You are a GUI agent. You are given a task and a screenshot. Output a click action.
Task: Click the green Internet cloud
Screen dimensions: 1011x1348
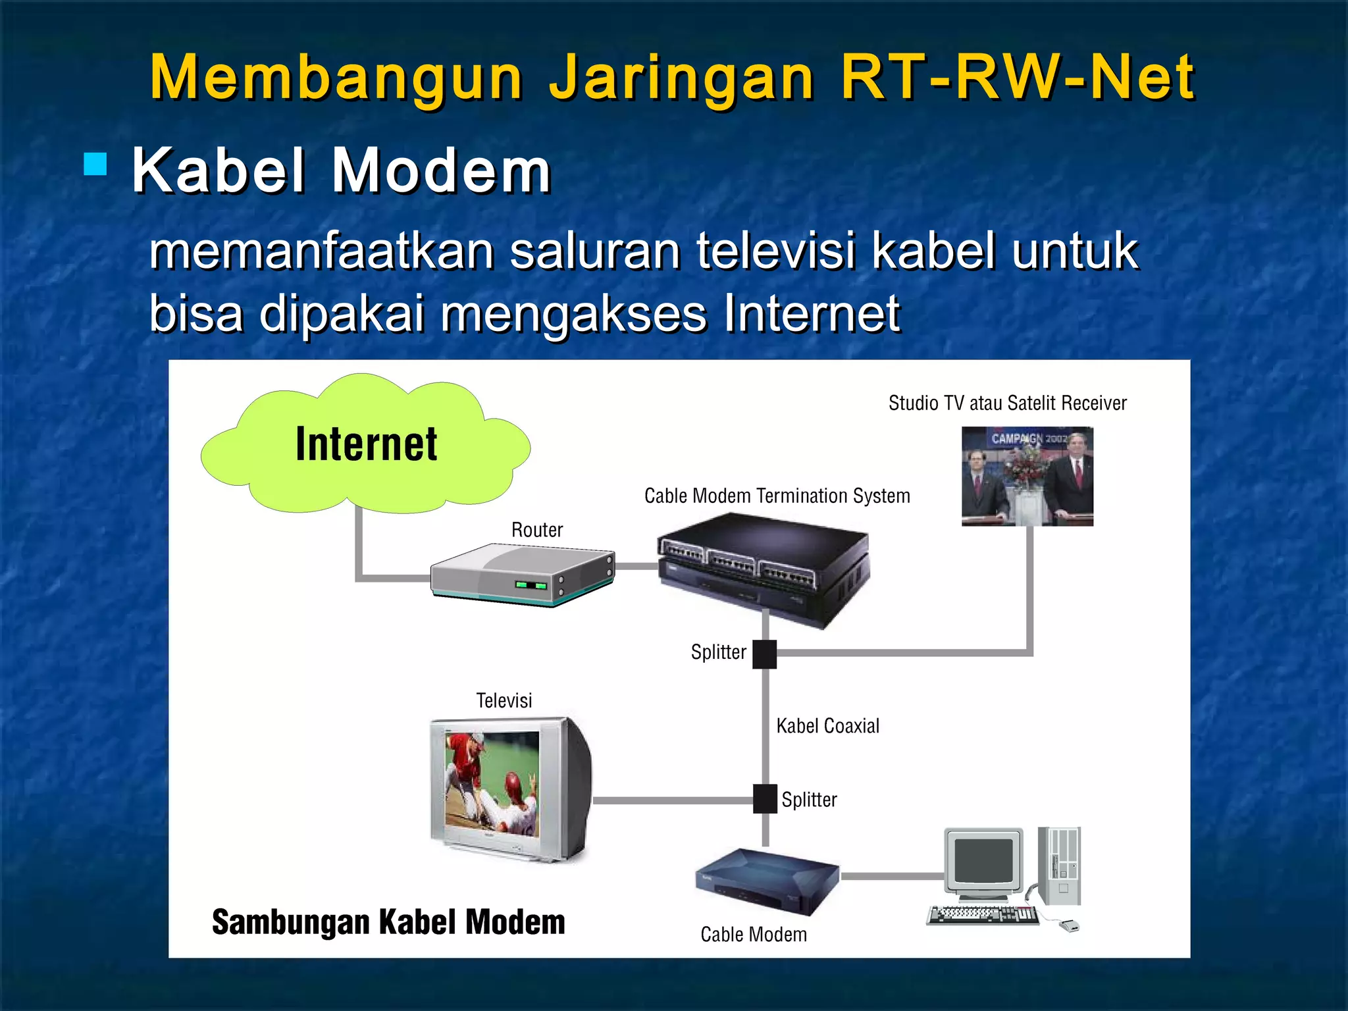pos(366,445)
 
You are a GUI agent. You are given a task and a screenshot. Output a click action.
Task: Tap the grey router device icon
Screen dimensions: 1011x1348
pos(523,575)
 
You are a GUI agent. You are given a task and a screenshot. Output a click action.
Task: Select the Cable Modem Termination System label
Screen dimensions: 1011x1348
pos(777,496)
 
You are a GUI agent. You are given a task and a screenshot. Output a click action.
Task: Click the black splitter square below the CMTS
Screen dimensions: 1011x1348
pos(764,654)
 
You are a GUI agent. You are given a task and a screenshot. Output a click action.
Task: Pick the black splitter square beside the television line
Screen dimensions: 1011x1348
pos(765,799)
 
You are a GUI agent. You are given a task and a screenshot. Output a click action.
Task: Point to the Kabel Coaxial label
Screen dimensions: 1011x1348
pos(827,726)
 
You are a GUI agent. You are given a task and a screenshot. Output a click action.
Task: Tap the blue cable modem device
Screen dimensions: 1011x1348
pos(767,881)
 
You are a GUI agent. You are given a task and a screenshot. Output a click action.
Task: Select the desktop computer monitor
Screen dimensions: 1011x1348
pos(983,863)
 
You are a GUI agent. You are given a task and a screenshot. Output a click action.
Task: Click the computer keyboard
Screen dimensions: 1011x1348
pos(982,915)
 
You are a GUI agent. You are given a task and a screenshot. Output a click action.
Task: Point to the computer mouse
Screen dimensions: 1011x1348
pos(1069,926)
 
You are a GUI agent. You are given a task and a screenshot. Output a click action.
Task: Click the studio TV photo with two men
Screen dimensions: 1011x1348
pos(1027,476)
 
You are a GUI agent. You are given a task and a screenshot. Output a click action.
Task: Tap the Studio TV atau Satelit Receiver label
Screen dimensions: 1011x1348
pos(1007,403)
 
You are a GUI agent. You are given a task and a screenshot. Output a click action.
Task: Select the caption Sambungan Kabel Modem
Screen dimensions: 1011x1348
pos(388,921)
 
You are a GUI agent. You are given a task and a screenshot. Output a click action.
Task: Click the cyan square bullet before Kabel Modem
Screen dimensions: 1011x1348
pos(96,165)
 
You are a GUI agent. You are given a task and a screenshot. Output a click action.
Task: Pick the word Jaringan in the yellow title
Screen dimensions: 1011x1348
pos(681,78)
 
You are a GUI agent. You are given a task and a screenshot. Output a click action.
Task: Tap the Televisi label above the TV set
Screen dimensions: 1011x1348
pos(504,700)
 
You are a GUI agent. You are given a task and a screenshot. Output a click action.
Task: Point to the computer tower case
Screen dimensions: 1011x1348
pos(1059,865)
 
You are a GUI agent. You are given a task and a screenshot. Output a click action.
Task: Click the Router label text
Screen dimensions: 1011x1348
pos(537,530)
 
